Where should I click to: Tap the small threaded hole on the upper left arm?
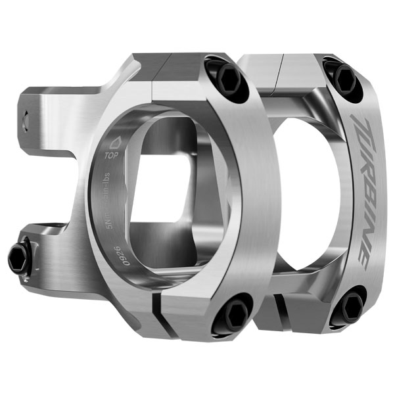[x=28, y=120]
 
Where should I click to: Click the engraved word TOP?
[x=112, y=156]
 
